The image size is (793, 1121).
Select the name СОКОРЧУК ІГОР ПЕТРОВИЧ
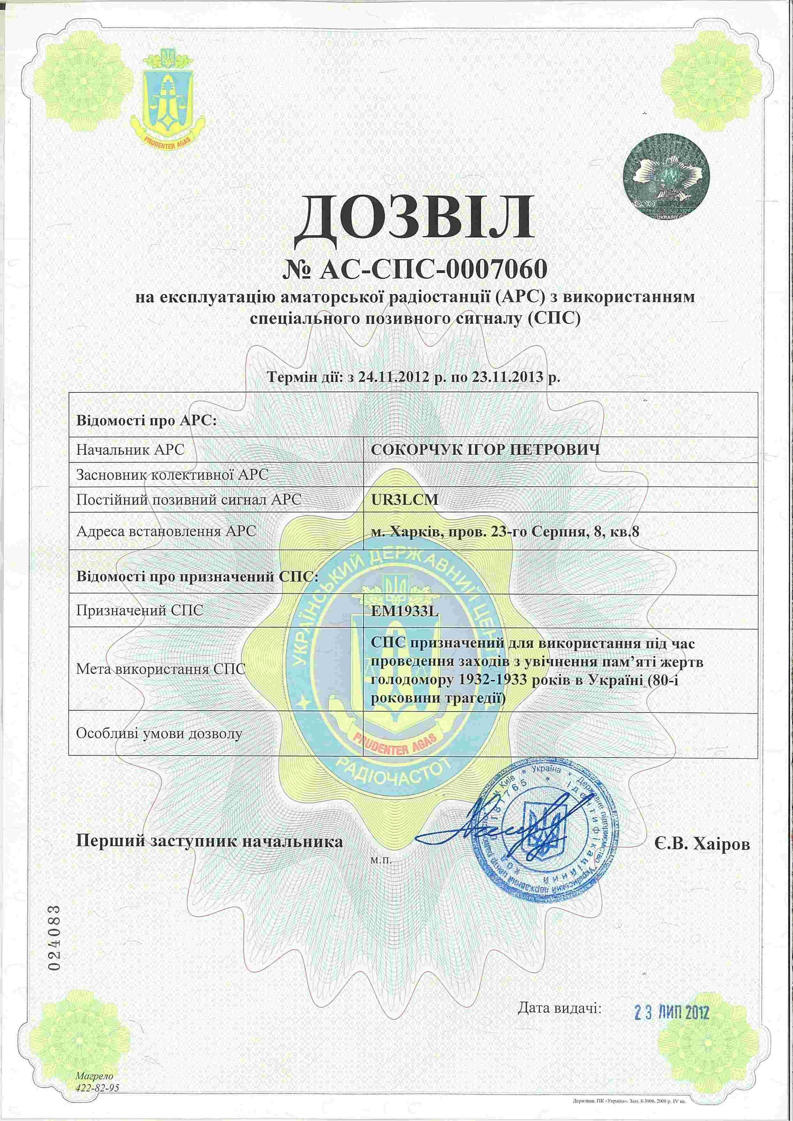[485, 450]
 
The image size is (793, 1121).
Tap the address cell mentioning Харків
[505, 531]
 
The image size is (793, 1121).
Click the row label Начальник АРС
[130, 450]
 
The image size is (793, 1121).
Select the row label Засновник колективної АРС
[172, 474]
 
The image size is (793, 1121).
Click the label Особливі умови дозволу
[159, 733]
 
